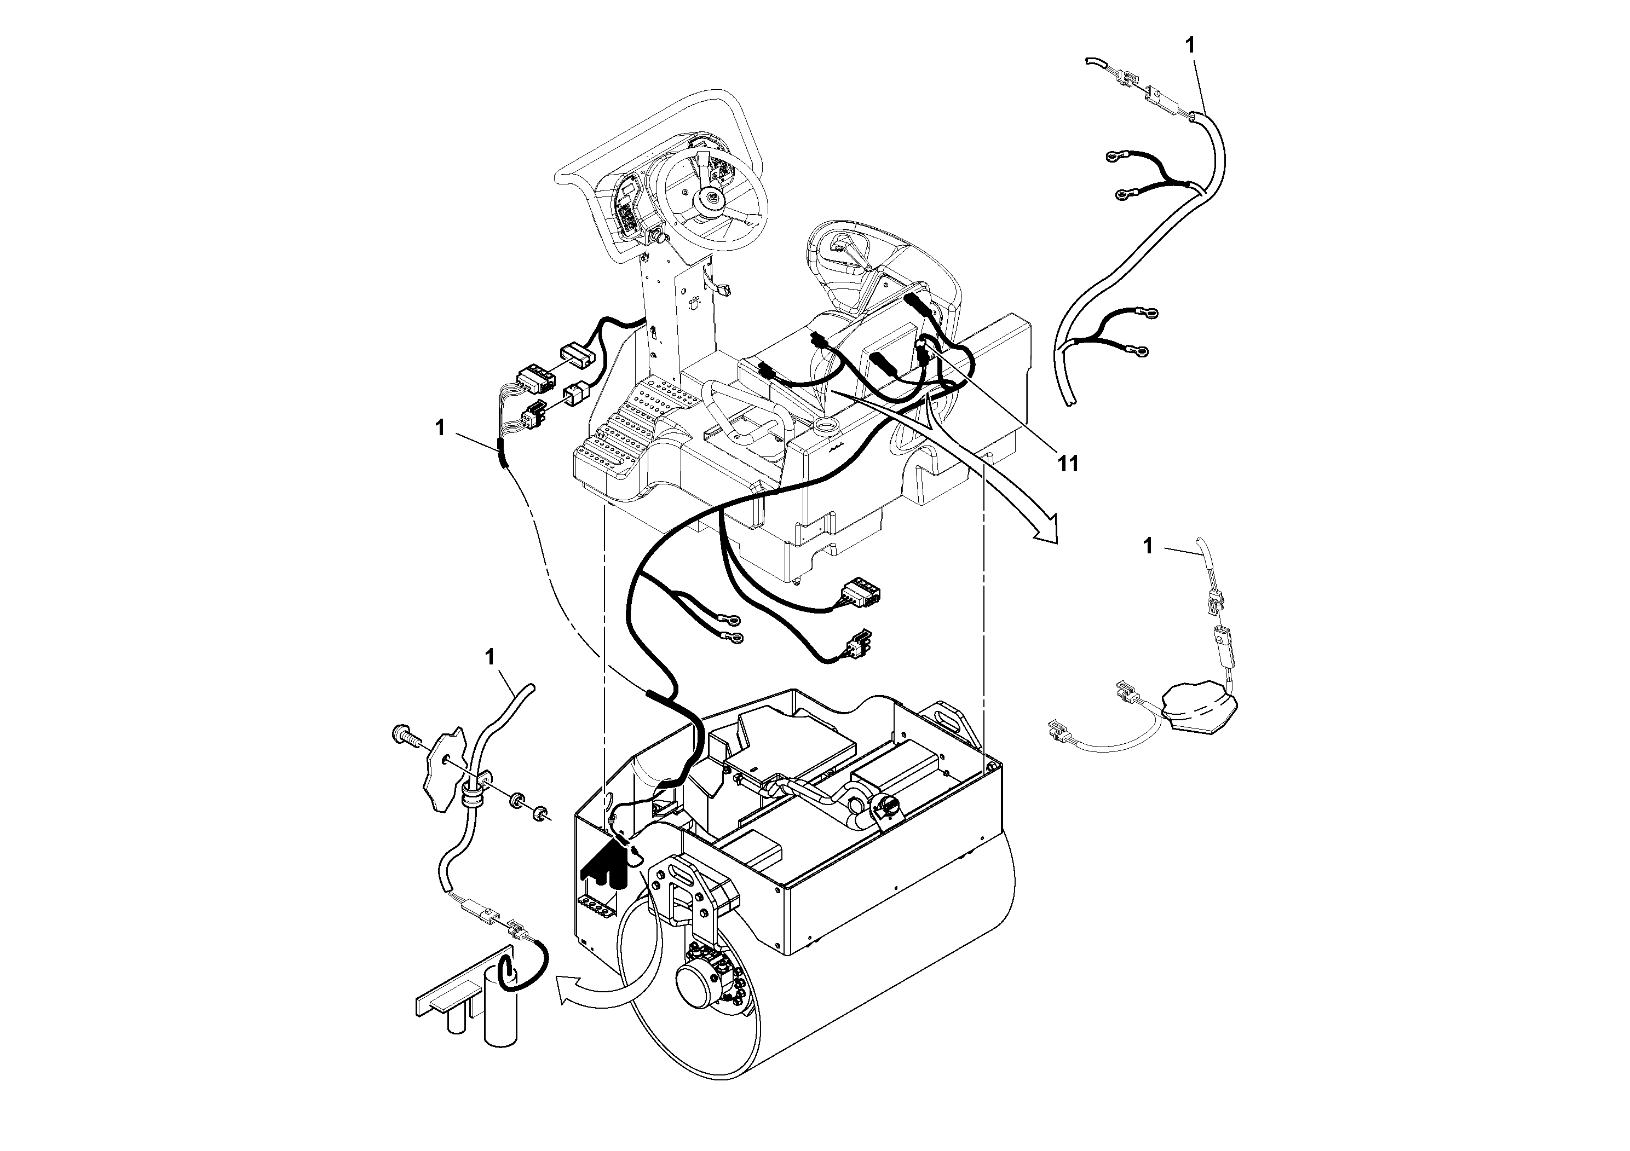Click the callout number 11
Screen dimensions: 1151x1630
[x=1068, y=464]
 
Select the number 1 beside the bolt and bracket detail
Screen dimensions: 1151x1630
[x=488, y=657]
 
